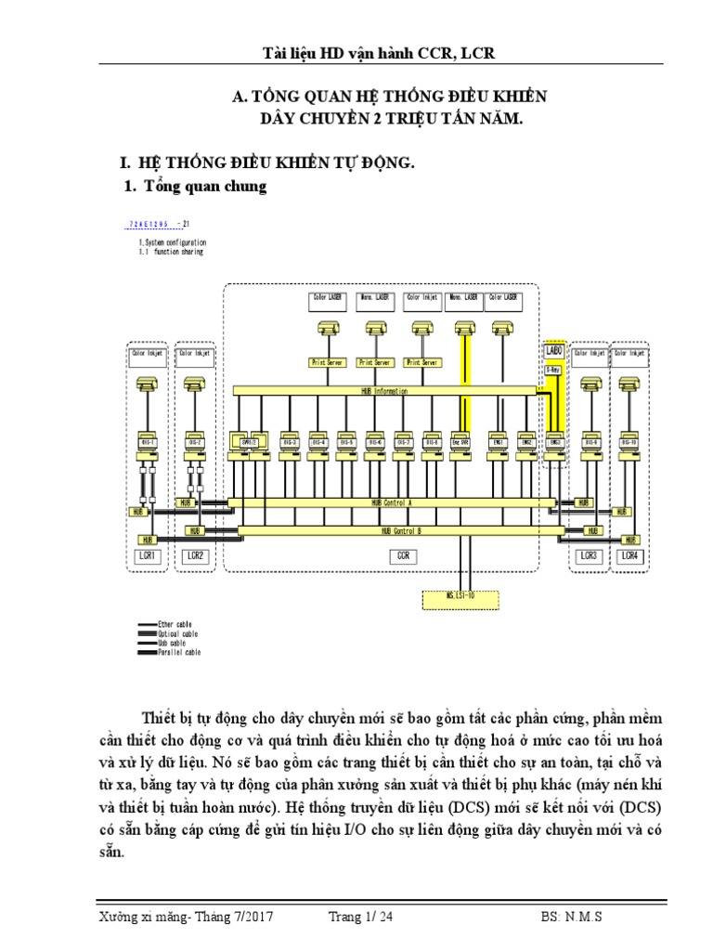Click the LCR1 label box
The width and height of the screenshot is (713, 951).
coord(148,555)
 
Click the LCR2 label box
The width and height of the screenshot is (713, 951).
coord(194,555)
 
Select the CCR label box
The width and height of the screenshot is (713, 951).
coord(401,555)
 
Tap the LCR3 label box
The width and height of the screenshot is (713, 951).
coord(589,555)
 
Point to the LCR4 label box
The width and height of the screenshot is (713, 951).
coord(630,555)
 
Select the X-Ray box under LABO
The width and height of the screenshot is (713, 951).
coord(553,369)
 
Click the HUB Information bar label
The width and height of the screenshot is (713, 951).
coord(384,391)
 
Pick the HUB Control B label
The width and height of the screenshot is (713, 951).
coord(400,531)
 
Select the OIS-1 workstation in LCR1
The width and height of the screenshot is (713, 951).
coord(148,441)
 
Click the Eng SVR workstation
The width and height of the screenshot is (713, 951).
coord(460,441)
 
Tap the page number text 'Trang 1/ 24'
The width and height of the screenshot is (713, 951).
coord(360,917)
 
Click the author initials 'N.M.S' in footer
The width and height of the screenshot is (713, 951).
coord(582,917)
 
